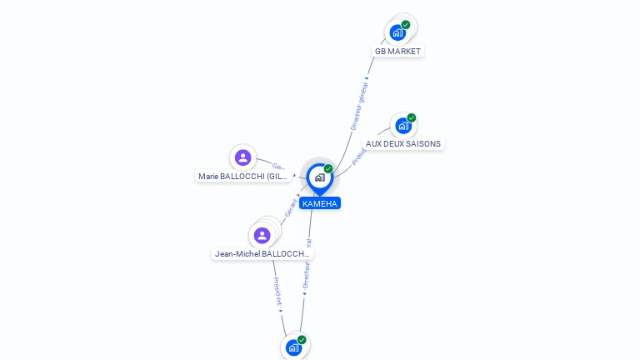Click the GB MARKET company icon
pyautogui.click(x=397, y=32)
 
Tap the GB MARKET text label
pyautogui.click(x=397, y=52)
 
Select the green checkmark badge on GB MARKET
pyautogui.click(x=406, y=25)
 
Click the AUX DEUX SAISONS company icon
pyautogui.click(x=403, y=126)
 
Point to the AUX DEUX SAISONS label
pyautogui.click(x=403, y=144)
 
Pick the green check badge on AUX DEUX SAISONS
pyautogui.click(x=412, y=118)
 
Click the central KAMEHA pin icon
pyautogui.click(x=319, y=177)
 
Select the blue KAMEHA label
pyautogui.click(x=320, y=203)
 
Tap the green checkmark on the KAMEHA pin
pyautogui.click(x=328, y=169)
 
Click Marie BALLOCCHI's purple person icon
pyautogui.click(x=242, y=157)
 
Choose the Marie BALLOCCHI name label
pyautogui.click(x=243, y=177)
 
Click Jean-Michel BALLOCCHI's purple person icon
pyautogui.click(x=262, y=235)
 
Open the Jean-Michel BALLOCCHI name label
pyautogui.click(x=262, y=253)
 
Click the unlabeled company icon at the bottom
pyautogui.click(x=293, y=347)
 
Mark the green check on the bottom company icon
pyautogui.click(x=302, y=340)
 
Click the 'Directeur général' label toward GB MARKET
pyautogui.click(x=359, y=106)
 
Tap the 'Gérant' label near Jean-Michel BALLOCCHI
pyautogui.click(x=291, y=208)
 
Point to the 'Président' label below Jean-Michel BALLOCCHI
pyautogui.click(x=277, y=288)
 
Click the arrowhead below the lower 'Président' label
pyautogui.click(x=281, y=309)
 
